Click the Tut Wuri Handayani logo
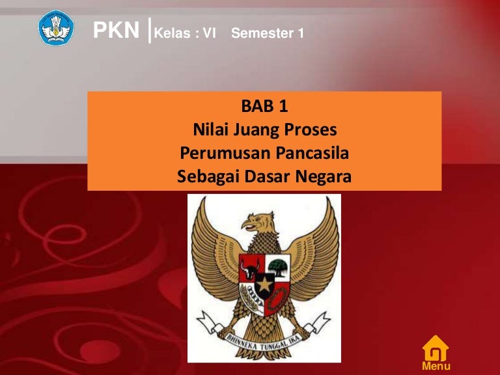(57, 27)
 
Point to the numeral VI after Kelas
(209, 33)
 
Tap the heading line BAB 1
(264, 106)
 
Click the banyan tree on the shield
(279, 266)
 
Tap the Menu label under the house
(436, 367)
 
